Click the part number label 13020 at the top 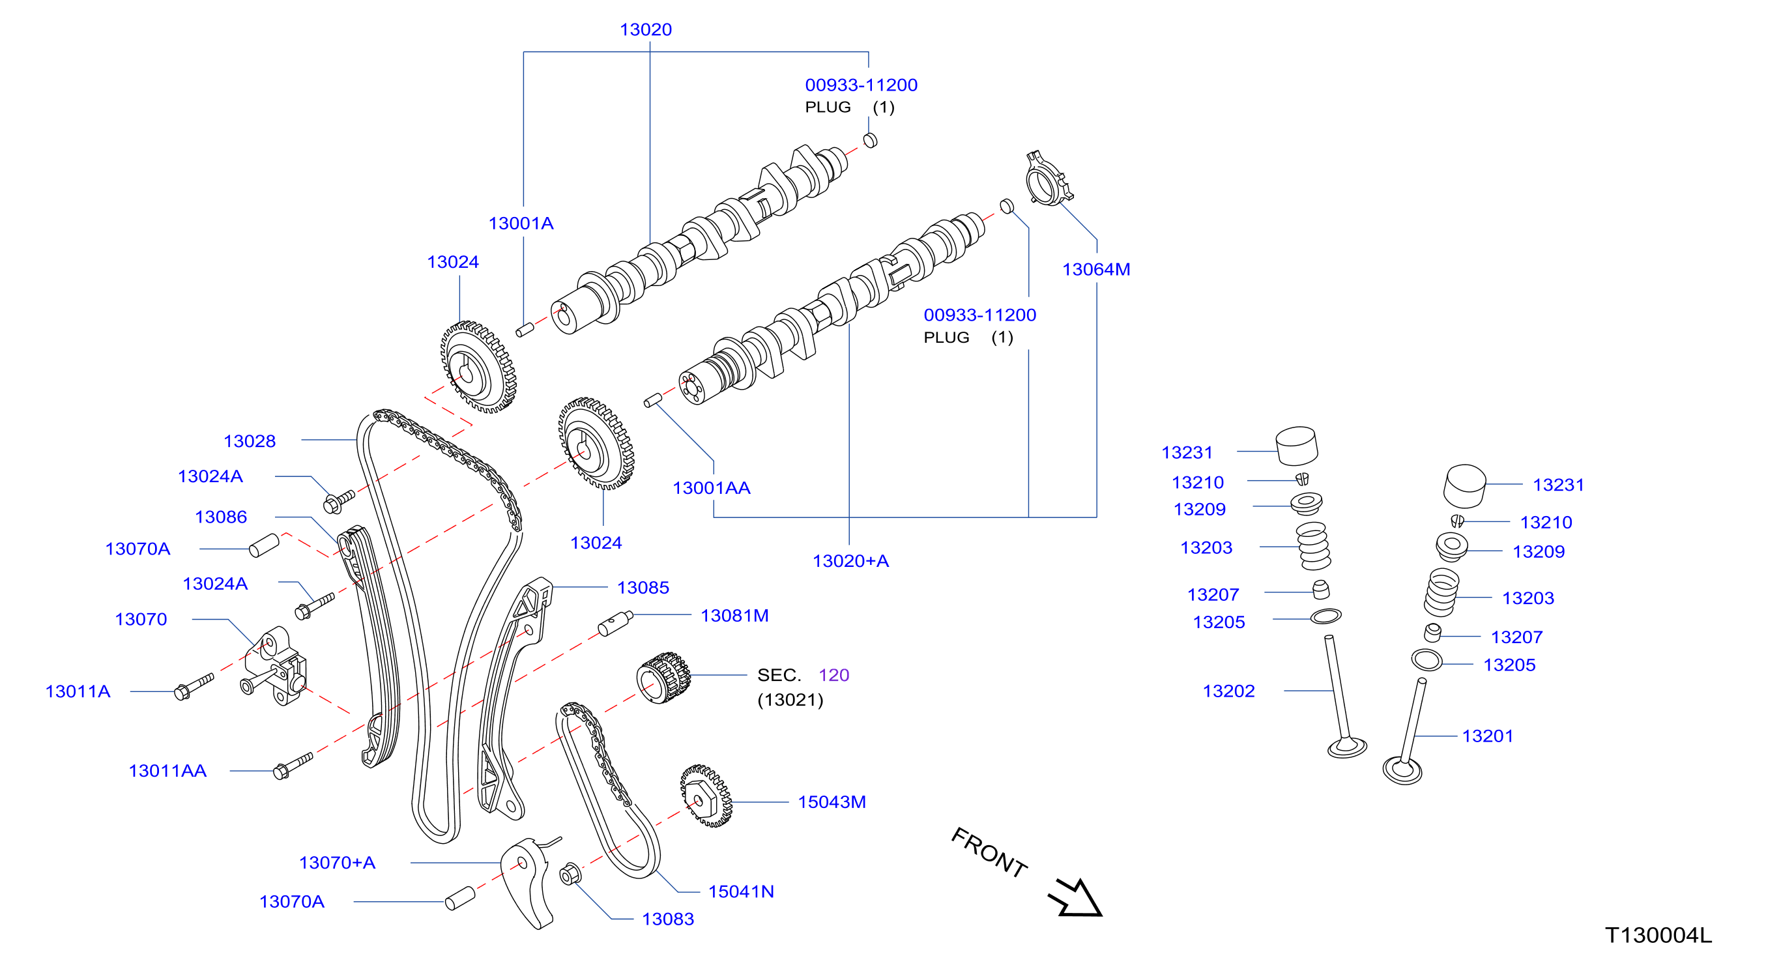645,30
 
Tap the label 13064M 1096,270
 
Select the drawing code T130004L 1658,935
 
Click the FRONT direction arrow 1076,898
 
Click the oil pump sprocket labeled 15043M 706,796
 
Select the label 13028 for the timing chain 250,441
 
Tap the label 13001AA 712,488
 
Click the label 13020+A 850,560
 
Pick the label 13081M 734,615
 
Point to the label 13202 1228,691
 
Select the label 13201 1487,736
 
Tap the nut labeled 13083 570,874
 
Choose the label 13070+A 337,863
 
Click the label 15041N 740,891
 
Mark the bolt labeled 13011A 194,687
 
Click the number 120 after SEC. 834,674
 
